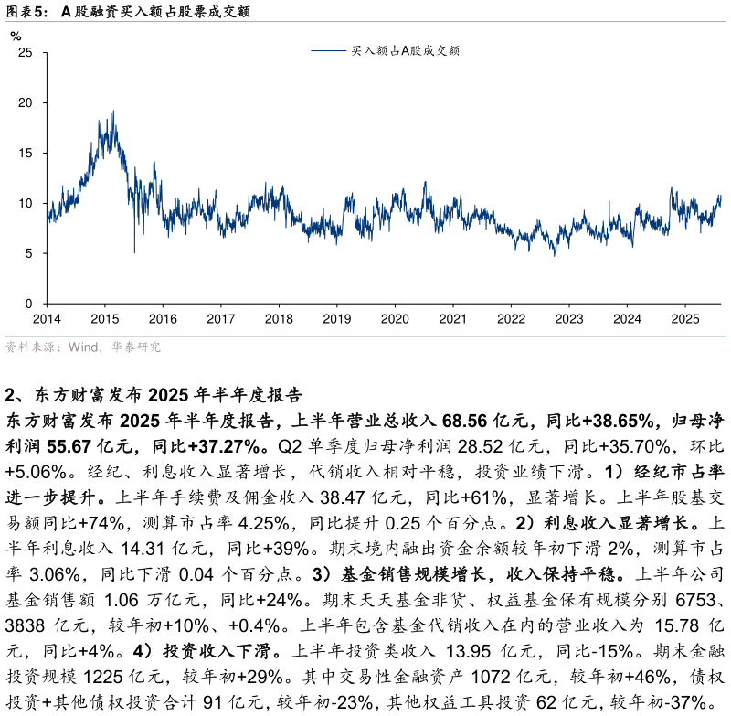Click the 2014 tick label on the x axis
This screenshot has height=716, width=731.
(x=47, y=319)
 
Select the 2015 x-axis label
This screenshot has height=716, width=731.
(x=104, y=319)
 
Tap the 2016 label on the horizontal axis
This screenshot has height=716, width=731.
(x=163, y=319)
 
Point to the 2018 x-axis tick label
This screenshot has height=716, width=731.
(x=279, y=319)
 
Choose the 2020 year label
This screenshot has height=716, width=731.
(x=395, y=319)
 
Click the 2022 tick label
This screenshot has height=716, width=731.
(x=511, y=319)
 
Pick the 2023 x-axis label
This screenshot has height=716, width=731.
(x=569, y=319)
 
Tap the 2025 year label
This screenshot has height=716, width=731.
(x=685, y=319)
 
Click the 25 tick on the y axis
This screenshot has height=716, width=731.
(x=26, y=53)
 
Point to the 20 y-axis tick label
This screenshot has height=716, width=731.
(x=26, y=103)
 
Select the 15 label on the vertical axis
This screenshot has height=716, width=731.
(x=26, y=154)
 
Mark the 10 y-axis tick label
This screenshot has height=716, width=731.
(x=26, y=203)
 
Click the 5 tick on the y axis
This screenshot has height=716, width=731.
(x=29, y=253)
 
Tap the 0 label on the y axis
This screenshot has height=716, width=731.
(x=29, y=304)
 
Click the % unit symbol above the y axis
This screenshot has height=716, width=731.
(x=16, y=37)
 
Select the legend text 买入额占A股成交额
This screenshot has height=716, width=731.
(x=405, y=51)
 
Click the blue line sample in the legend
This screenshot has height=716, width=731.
(x=328, y=51)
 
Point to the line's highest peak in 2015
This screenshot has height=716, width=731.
(x=113, y=112)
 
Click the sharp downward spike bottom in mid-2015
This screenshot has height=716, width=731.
(x=134, y=252)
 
